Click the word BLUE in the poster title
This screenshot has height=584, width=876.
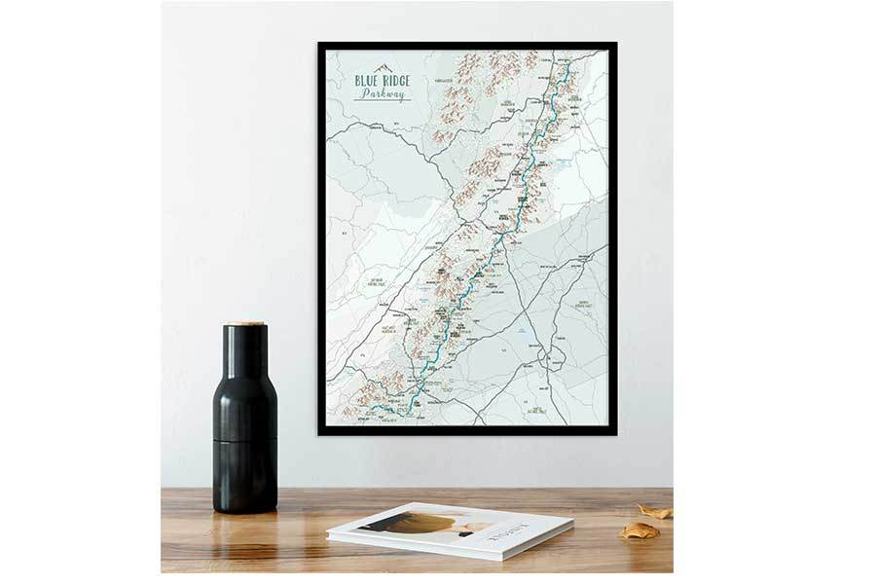[367, 82]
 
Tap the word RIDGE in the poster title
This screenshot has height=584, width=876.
[396, 82]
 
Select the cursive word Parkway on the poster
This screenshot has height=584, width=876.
[383, 94]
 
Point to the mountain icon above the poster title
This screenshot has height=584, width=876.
[381, 69]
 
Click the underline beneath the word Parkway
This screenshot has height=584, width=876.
[383, 101]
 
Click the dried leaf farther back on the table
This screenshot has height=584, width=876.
[654, 511]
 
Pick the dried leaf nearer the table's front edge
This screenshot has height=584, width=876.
[639, 530]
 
